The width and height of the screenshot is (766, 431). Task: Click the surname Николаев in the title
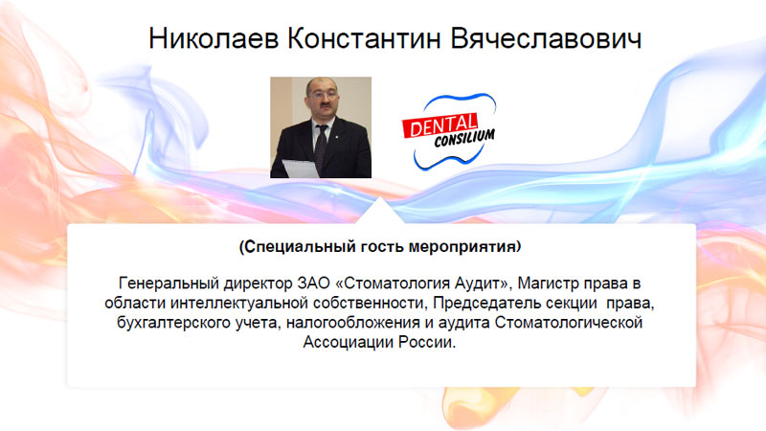pyautogui.click(x=214, y=38)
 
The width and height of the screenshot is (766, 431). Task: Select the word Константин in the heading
pyautogui.click(x=365, y=38)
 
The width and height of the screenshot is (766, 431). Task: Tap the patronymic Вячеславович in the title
pyautogui.click(x=546, y=38)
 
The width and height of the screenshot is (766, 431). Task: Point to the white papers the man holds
pyautogui.click(x=301, y=169)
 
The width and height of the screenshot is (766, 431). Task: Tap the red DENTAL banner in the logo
pyautogui.click(x=440, y=126)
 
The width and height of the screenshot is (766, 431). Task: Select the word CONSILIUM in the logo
pyautogui.click(x=464, y=138)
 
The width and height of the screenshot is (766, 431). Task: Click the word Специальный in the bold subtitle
pyautogui.click(x=300, y=246)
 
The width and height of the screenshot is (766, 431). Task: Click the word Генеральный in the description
pyautogui.click(x=169, y=284)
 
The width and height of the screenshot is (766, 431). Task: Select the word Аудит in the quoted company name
pyautogui.click(x=483, y=284)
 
